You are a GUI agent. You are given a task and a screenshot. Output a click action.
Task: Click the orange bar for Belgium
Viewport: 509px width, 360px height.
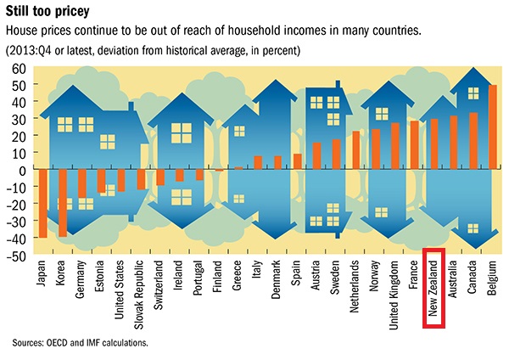(x=493, y=127)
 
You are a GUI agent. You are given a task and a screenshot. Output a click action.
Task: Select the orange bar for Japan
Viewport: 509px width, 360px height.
(x=42, y=203)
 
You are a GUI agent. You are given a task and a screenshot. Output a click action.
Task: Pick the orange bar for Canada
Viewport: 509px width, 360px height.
(x=473, y=141)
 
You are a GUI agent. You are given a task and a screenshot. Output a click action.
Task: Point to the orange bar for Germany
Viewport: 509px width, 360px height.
(x=82, y=183)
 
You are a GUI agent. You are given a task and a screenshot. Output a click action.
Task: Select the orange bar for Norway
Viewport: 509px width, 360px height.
(x=375, y=149)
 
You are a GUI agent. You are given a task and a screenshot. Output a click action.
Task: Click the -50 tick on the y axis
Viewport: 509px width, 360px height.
(x=17, y=255)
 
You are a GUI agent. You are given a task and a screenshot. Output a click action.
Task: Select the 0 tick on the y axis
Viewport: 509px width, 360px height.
(x=23, y=170)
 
